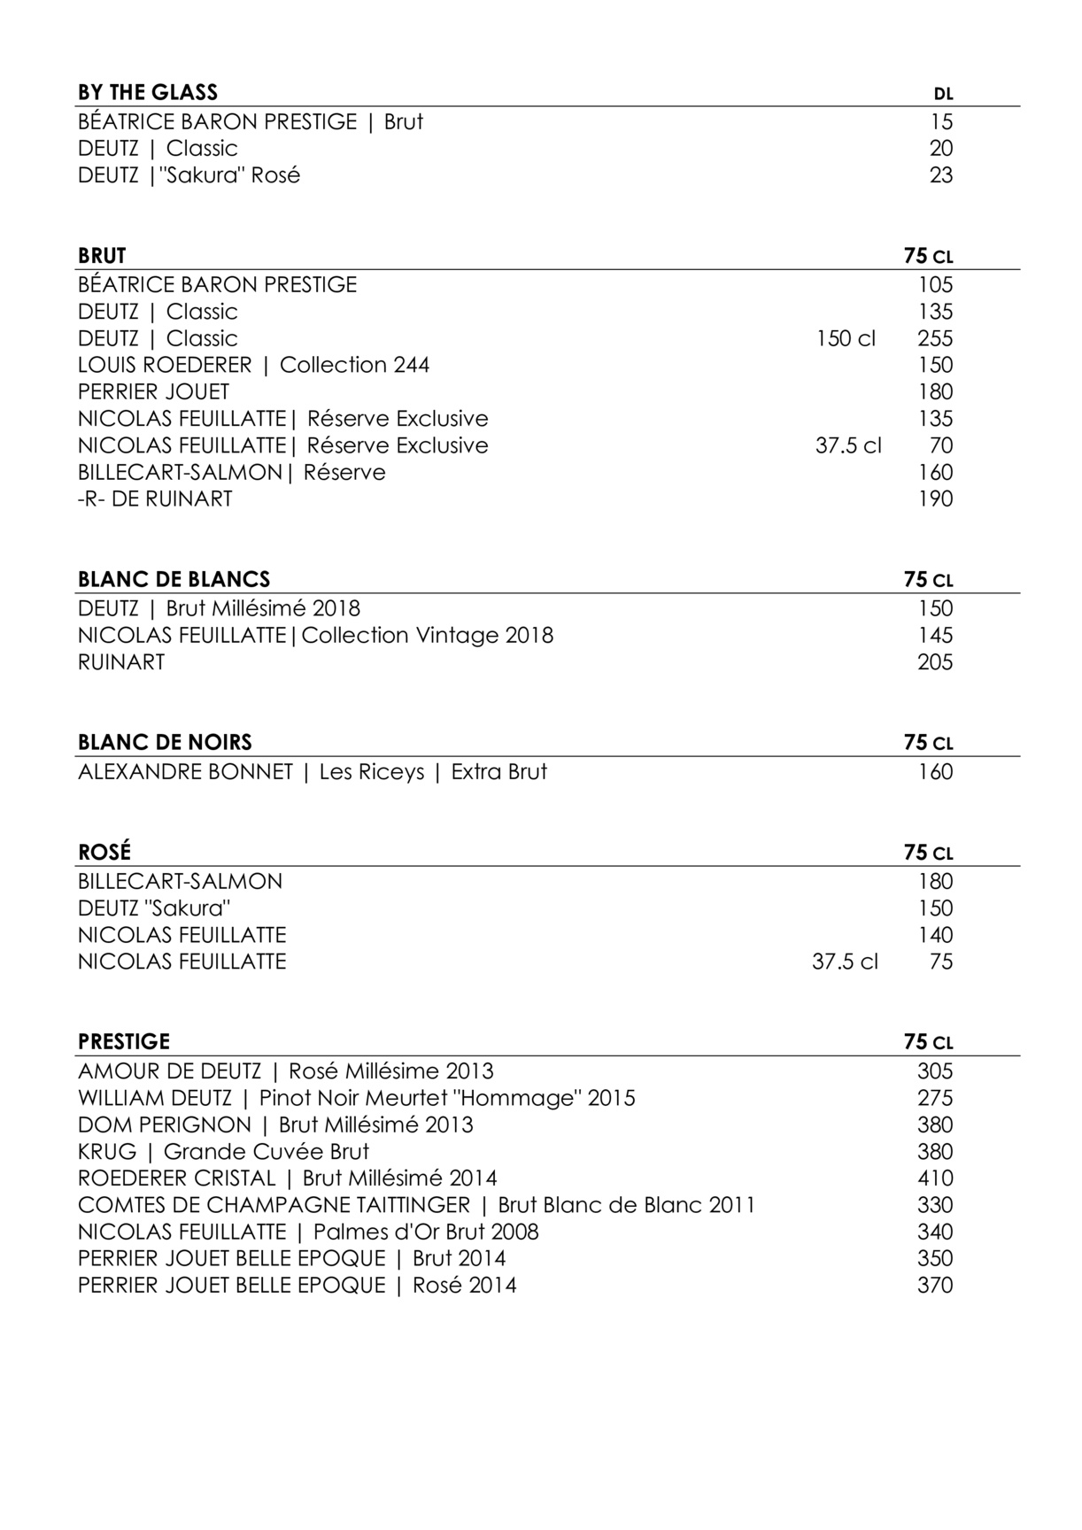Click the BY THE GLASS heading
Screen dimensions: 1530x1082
pos(148,92)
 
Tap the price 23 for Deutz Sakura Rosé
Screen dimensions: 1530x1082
pos(941,175)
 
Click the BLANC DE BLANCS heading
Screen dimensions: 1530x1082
pos(174,579)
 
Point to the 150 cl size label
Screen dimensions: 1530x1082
pos(846,338)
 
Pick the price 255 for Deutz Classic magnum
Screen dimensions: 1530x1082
pos(935,338)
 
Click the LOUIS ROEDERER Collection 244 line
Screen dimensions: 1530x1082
pos(253,365)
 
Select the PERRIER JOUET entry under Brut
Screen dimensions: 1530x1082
pos(153,391)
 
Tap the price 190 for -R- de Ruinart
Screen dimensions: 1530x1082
pos(935,498)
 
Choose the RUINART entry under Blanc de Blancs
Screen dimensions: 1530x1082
pos(121,661)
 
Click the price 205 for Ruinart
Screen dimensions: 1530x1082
pos(935,661)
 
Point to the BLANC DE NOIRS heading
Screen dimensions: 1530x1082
pos(165,742)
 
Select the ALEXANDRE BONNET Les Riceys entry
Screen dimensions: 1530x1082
pos(312,771)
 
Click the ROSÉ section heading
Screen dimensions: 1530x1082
pos(104,852)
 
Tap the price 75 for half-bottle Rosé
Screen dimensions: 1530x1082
pos(941,962)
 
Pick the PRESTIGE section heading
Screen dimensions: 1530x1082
pos(124,1041)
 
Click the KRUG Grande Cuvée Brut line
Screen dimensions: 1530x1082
pos(223,1151)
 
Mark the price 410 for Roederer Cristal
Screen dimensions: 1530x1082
pos(935,1178)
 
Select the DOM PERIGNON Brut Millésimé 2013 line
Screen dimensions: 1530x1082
pos(275,1124)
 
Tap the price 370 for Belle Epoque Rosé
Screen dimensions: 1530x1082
pos(935,1285)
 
